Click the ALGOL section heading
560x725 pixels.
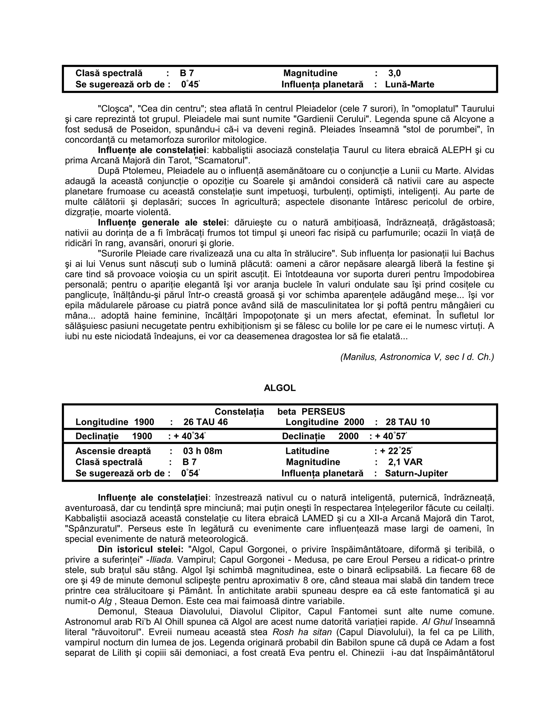[x=280, y=388]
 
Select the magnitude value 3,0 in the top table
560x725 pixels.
[x=395, y=73]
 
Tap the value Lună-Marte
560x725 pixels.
[x=409, y=84]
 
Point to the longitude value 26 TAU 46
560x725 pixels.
[x=205, y=422]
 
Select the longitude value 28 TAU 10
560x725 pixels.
[x=407, y=422]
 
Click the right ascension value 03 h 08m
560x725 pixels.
[x=202, y=451]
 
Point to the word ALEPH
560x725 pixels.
[x=456, y=150]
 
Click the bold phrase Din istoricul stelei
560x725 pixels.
[x=140, y=549]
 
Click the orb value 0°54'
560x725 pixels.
[x=190, y=473]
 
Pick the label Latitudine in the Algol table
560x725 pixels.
[x=307, y=451]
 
